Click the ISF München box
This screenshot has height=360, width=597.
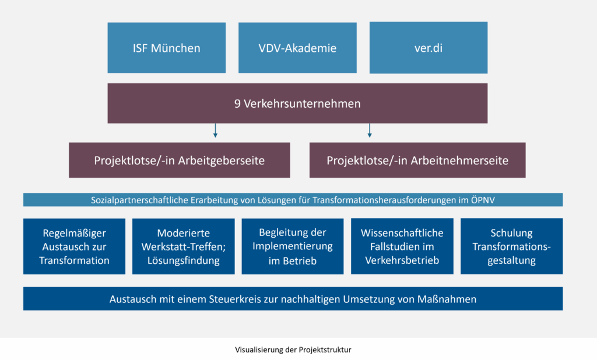(166, 48)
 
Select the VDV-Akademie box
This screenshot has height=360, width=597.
(297, 48)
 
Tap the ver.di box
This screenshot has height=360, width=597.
(429, 48)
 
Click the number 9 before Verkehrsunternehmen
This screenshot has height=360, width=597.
(237, 104)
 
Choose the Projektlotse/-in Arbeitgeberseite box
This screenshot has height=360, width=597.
(179, 160)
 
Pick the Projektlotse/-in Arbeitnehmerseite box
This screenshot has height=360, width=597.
(417, 160)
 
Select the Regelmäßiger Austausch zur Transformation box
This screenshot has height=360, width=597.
(74, 246)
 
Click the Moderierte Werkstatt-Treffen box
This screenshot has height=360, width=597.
(183, 246)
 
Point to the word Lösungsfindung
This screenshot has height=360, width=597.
(183, 260)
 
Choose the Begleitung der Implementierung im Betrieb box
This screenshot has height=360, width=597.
(292, 246)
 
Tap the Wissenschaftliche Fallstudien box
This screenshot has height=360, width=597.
(402, 246)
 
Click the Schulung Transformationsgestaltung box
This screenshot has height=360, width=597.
(511, 246)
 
